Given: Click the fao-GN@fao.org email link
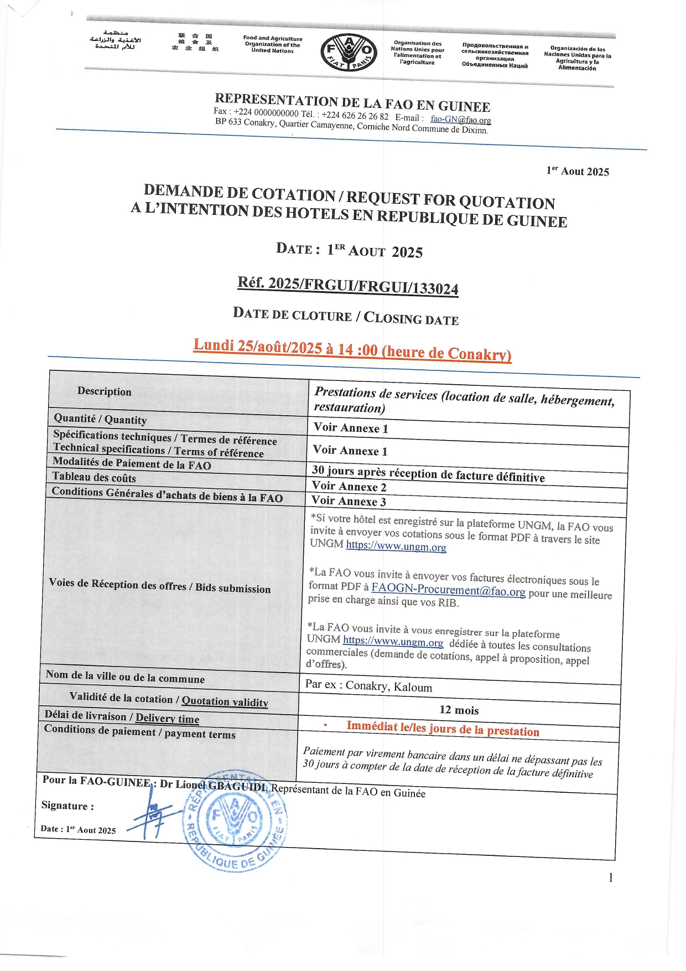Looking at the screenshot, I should pos(460,120).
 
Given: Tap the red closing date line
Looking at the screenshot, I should pos(352,349).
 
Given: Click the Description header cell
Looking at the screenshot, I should pos(105,391).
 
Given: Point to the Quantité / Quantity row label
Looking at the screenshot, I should pos(100,419).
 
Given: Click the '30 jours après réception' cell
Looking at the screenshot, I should pos(428,473).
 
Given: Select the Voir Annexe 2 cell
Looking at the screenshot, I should pos(349,487).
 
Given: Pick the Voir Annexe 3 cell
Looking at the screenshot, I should pos(349,501).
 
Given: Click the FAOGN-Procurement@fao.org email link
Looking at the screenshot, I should pos(448,590).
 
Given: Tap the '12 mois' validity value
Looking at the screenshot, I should pos(459,710).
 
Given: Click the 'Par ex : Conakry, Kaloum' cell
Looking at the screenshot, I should pos(368,686).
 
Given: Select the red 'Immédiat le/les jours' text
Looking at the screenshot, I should pos(443,729).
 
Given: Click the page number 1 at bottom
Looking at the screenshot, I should pos(610,877).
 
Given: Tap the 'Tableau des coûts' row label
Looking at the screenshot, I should pos(94,477).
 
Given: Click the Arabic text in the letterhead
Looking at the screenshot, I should pos(115,40).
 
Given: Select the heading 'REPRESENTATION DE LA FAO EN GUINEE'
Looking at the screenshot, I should pos(352,102).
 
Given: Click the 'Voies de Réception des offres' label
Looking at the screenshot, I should pos(159,586).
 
